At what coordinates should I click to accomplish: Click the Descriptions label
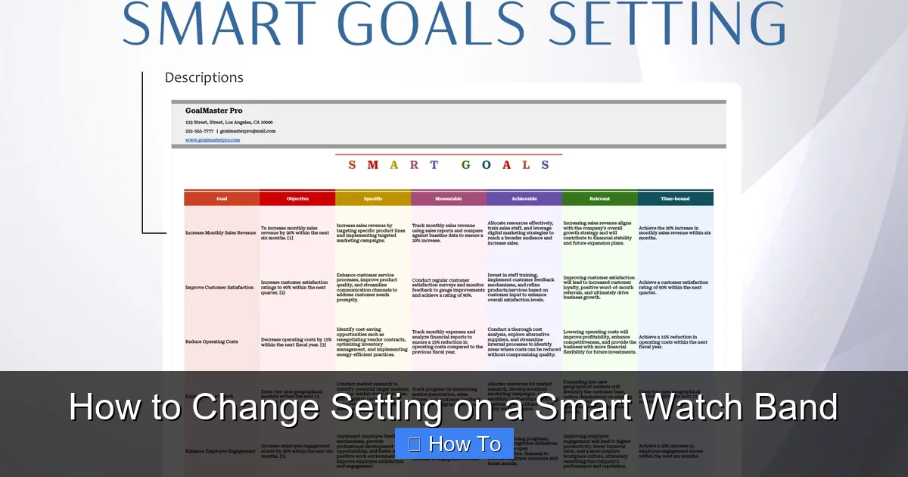pos(204,77)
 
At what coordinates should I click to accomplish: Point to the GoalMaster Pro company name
pos(214,111)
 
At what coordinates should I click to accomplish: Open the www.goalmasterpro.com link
pos(213,139)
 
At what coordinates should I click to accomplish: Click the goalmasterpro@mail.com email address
pos(248,130)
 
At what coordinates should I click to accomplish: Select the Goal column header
pos(222,198)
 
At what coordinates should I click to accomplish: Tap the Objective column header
pos(297,198)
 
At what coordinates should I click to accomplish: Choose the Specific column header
pos(373,198)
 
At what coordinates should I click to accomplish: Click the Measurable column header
pos(449,198)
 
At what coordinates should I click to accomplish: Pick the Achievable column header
pos(524,198)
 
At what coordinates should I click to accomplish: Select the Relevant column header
pos(600,198)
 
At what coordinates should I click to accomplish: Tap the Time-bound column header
pos(675,198)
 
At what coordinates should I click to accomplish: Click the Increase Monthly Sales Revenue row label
pos(221,233)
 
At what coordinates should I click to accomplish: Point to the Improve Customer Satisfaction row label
pos(219,288)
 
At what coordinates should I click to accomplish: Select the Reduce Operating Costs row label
pos(212,341)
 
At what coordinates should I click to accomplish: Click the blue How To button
pos(454,444)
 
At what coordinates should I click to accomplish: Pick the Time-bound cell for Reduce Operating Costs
pos(673,341)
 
